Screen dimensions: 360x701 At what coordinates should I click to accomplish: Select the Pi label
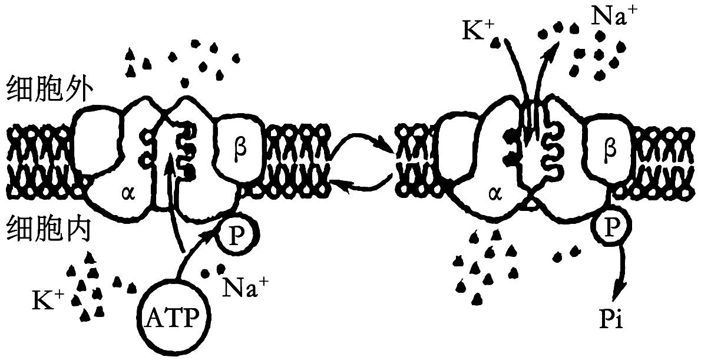point(616,321)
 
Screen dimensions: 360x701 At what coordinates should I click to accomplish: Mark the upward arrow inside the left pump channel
point(171,200)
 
